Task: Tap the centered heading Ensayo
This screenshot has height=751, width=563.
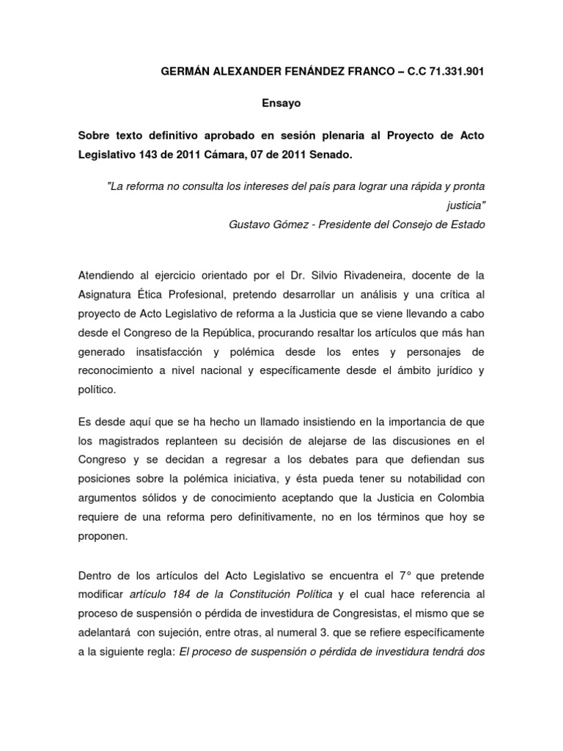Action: (x=281, y=103)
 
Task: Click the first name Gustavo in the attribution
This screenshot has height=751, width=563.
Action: (x=251, y=225)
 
